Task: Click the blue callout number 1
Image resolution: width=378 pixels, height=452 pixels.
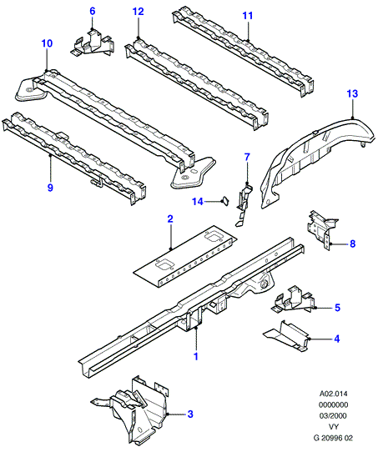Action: point(196,356)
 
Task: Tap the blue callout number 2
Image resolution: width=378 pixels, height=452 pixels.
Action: point(170,219)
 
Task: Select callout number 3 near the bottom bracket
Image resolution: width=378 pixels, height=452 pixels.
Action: point(190,414)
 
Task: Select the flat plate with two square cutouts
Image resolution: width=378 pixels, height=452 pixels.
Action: point(184,256)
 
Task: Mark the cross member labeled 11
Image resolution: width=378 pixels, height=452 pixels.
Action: point(243,53)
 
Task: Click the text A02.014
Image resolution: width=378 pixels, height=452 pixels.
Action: point(333,394)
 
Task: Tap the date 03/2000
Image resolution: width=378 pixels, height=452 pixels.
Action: point(333,415)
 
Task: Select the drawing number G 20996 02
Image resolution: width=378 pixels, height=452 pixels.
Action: point(333,438)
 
